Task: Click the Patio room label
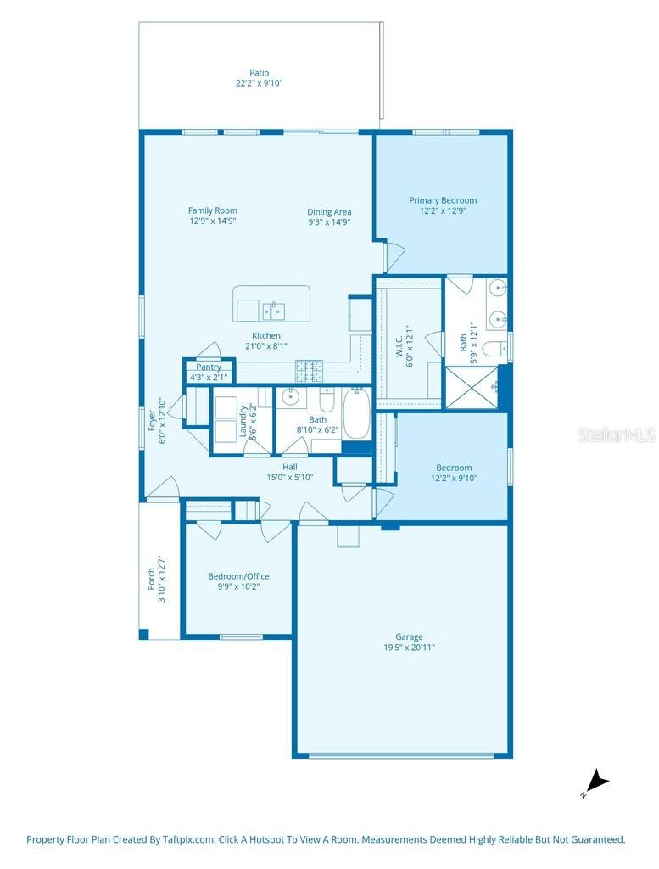[x=260, y=73]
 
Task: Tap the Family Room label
[x=213, y=210]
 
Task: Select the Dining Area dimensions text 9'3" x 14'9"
[x=329, y=222]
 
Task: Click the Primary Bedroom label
[x=443, y=200]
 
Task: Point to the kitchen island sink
[x=274, y=311]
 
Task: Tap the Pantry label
[x=209, y=367]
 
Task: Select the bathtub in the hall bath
[x=357, y=414]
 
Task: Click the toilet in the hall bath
[x=327, y=401]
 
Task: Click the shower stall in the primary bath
[x=472, y=387]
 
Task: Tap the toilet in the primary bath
[x=494, y=349]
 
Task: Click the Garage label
[x=410, y=637]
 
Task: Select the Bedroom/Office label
[x=238, y=576]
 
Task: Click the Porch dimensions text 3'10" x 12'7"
[x=162, y=579]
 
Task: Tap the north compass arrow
[x=597, y=782]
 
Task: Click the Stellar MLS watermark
[x=617, y=435]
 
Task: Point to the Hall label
[x=290, y=468]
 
